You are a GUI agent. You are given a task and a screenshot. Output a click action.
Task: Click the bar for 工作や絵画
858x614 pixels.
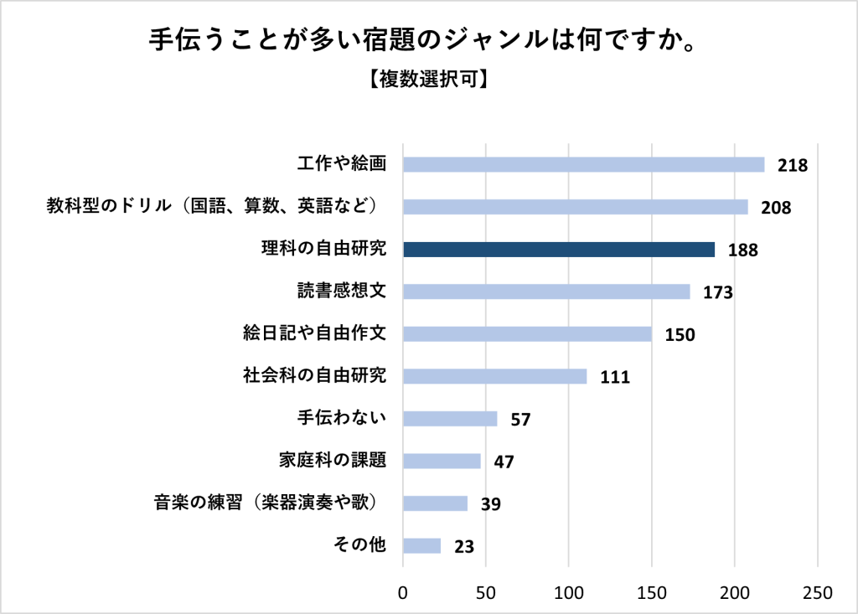tap(583, 164)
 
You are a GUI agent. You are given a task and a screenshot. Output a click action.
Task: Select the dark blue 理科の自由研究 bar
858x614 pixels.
tap(559, 249)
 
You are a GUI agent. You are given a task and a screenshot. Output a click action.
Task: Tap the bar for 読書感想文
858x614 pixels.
tap(546, 292)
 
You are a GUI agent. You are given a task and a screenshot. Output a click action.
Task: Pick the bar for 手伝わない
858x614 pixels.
tap(450, 418)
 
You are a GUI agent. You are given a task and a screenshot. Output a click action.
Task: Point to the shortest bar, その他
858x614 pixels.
tap(421, 545)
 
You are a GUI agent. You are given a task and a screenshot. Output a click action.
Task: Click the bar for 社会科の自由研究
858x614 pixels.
tap(494, 376)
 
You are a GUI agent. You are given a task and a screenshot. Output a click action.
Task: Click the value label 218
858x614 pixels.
tap(792, 165)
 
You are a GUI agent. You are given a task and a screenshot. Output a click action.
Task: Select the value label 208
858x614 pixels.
tap(776, 207)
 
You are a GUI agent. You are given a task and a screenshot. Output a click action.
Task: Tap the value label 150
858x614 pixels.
tap(680, 334)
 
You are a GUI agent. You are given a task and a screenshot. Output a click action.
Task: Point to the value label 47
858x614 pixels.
tap(504, 462)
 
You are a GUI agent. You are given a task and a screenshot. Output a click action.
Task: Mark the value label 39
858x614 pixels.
tap(490, 503)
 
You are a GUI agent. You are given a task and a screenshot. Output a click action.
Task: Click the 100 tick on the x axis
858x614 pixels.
tap(569, 592)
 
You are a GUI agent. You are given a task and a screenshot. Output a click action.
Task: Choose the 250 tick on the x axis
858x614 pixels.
tap(817, 592)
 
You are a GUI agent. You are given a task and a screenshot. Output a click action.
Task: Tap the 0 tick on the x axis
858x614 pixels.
tap(403, 592)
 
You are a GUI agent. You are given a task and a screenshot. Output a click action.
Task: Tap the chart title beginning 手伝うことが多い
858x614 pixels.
tap(427, 40)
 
